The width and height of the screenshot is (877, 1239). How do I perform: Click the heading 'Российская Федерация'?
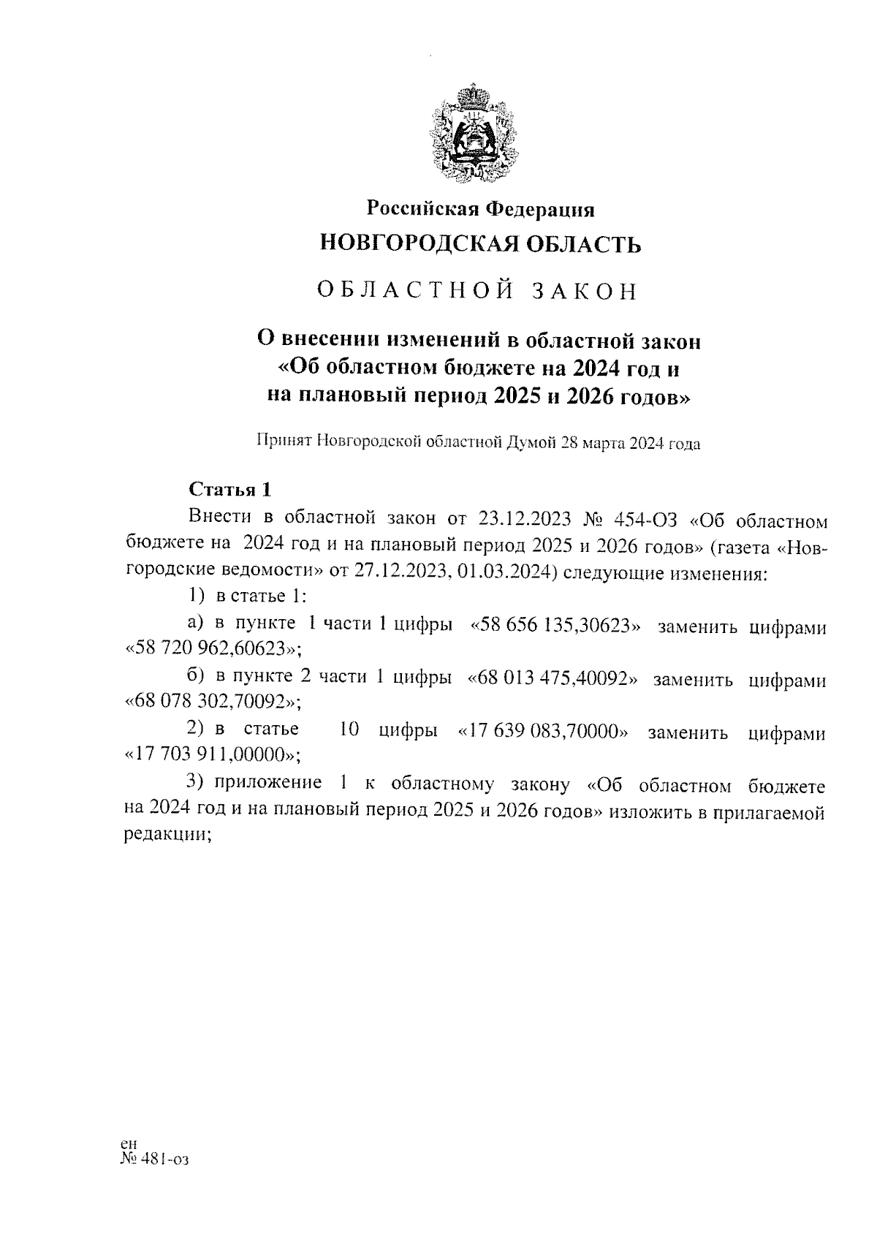[480, 210]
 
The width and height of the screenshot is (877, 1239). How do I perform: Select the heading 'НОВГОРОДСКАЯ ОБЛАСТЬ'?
[481, 243]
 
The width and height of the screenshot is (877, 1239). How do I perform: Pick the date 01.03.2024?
[505, 572]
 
